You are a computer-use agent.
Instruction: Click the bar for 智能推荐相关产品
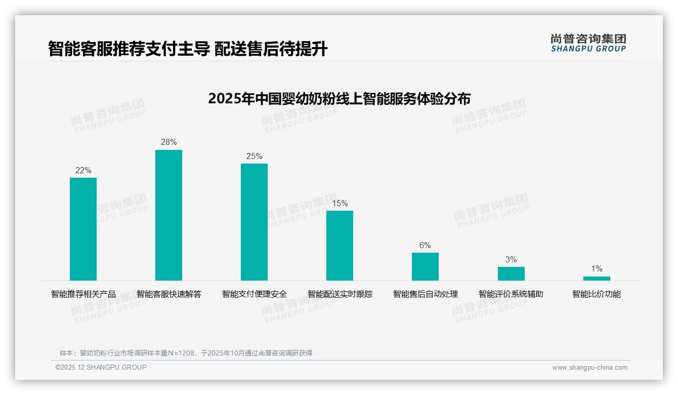coord(83,229)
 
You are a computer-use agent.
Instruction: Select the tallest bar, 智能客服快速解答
coord(168,215)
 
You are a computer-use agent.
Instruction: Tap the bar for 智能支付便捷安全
coord(254,222)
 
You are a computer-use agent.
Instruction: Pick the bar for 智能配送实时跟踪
coord(340,245)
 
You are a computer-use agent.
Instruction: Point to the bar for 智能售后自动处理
coord(425,266)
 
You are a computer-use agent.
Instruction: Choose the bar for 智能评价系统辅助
coord(511,273)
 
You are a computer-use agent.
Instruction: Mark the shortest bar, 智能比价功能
coord(597,278)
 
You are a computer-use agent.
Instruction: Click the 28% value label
coord(168,142)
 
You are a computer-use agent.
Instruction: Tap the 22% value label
coord(83,171)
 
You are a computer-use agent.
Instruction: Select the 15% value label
coord(340,204)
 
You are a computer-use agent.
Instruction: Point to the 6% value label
coord(425,246)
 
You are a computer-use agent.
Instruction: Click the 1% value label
coord(597,269)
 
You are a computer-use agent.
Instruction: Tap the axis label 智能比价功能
coord(597,294)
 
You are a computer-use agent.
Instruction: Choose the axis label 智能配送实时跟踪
coord(340,294)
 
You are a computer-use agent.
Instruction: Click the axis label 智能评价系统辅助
coord(511,294)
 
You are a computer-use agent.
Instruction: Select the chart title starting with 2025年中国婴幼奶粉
coord(339,98)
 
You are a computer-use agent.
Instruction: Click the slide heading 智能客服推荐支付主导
coord(188,49)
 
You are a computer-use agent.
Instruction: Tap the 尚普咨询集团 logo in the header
coord(588,43)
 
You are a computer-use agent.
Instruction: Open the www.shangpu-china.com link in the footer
coord(589,368)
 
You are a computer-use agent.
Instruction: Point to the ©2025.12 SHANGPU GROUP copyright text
coord(101,367)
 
